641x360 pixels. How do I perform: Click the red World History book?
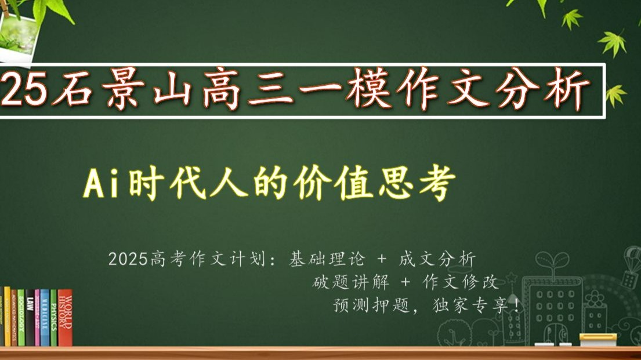pyautogui.click(x=65, y=318)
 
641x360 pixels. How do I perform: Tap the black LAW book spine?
pyautogui.click(x=30, y=318)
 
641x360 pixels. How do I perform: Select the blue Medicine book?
pyautogui.click(x=45, y=318)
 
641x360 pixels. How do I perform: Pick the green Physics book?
pyautogui.click(x=53, y=318)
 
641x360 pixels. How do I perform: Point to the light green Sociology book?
pyautogui.click(x=21, y=318)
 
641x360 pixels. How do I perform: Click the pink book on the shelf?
pyautogui.click(x=37, y=318)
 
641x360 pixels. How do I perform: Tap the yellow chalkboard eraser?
pyautogui.click(x=597, y=340)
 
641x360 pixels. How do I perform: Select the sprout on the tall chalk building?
pyautogui.click(x=552, y=264)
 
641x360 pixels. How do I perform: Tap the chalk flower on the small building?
pyautogui.click(x=595, y=299)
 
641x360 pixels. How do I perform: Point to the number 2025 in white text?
pyautogui.click(x=128, y=259)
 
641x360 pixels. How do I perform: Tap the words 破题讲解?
pyautogui.click(x=351, y=282)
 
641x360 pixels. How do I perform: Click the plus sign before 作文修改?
pyautogui.click(x=405, y=282)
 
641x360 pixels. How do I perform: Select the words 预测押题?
pyautogui.click(x=371, y=305)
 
